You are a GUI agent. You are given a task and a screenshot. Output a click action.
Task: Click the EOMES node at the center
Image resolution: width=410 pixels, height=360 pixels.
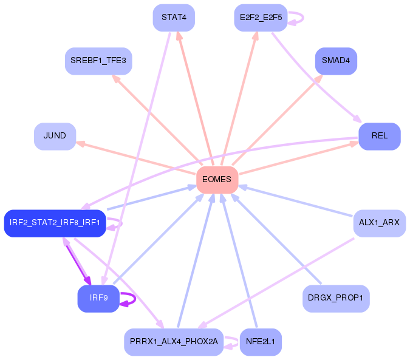[x=217, y=180]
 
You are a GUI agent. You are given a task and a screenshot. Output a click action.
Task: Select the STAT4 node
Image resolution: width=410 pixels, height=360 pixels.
[x=174, y=17]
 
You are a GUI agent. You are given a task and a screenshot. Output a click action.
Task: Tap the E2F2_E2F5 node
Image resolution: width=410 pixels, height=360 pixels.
[x=260, y=17]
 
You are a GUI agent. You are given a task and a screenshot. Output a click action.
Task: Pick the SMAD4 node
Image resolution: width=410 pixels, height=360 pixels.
[x=336, y=61]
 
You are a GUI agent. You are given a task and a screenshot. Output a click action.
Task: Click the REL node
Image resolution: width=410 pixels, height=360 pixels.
[x=379, y=136]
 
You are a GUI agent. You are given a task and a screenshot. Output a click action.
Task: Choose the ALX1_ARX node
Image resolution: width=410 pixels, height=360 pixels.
[x=379, y=223]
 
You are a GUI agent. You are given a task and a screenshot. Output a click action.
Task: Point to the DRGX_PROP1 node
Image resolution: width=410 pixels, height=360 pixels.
[x=336, y=298]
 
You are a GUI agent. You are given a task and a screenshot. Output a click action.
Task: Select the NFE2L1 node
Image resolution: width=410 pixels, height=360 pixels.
[x=261, y=342]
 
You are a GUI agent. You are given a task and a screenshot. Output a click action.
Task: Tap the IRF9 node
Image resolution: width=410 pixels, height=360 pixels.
[x=98, y=298]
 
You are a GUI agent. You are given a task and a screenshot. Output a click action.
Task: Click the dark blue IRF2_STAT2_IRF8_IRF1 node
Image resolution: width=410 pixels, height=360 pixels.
[x=55, y=223]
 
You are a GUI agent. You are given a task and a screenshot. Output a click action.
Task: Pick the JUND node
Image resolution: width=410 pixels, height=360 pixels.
[x=55, y=136]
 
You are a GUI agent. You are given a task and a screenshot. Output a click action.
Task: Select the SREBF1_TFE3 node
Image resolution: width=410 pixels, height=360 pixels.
[x=98, y=61]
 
